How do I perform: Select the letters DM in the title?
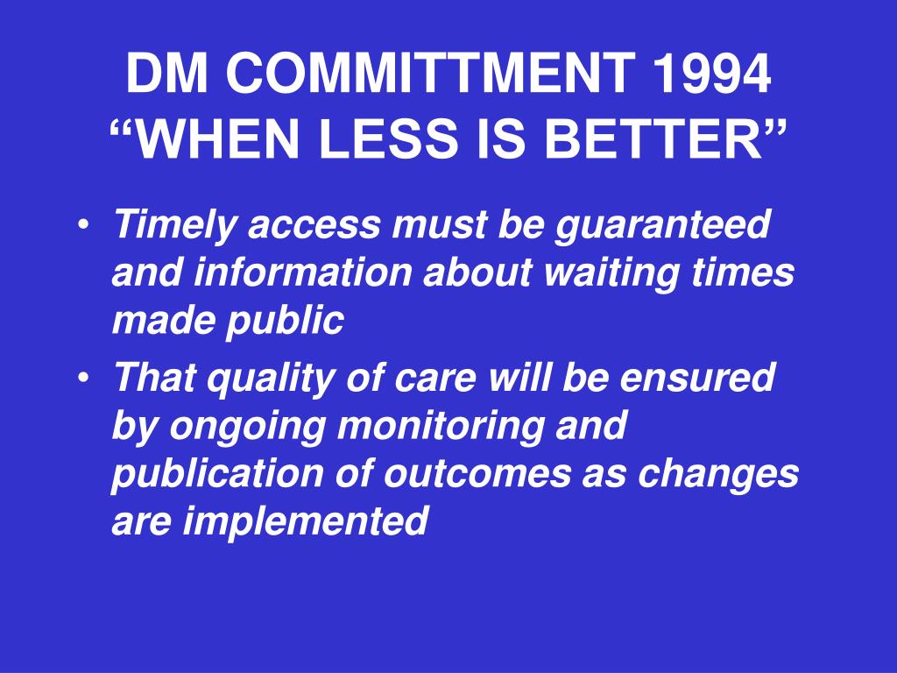click(167, 74)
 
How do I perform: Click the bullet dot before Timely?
click(83, 224)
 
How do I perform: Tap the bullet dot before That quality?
click(83, 378)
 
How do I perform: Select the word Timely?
click(174, 225)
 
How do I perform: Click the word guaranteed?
click(663, 225)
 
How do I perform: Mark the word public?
click(285, 322)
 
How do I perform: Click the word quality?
click(270, 379)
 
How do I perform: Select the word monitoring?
click(441, 427)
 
